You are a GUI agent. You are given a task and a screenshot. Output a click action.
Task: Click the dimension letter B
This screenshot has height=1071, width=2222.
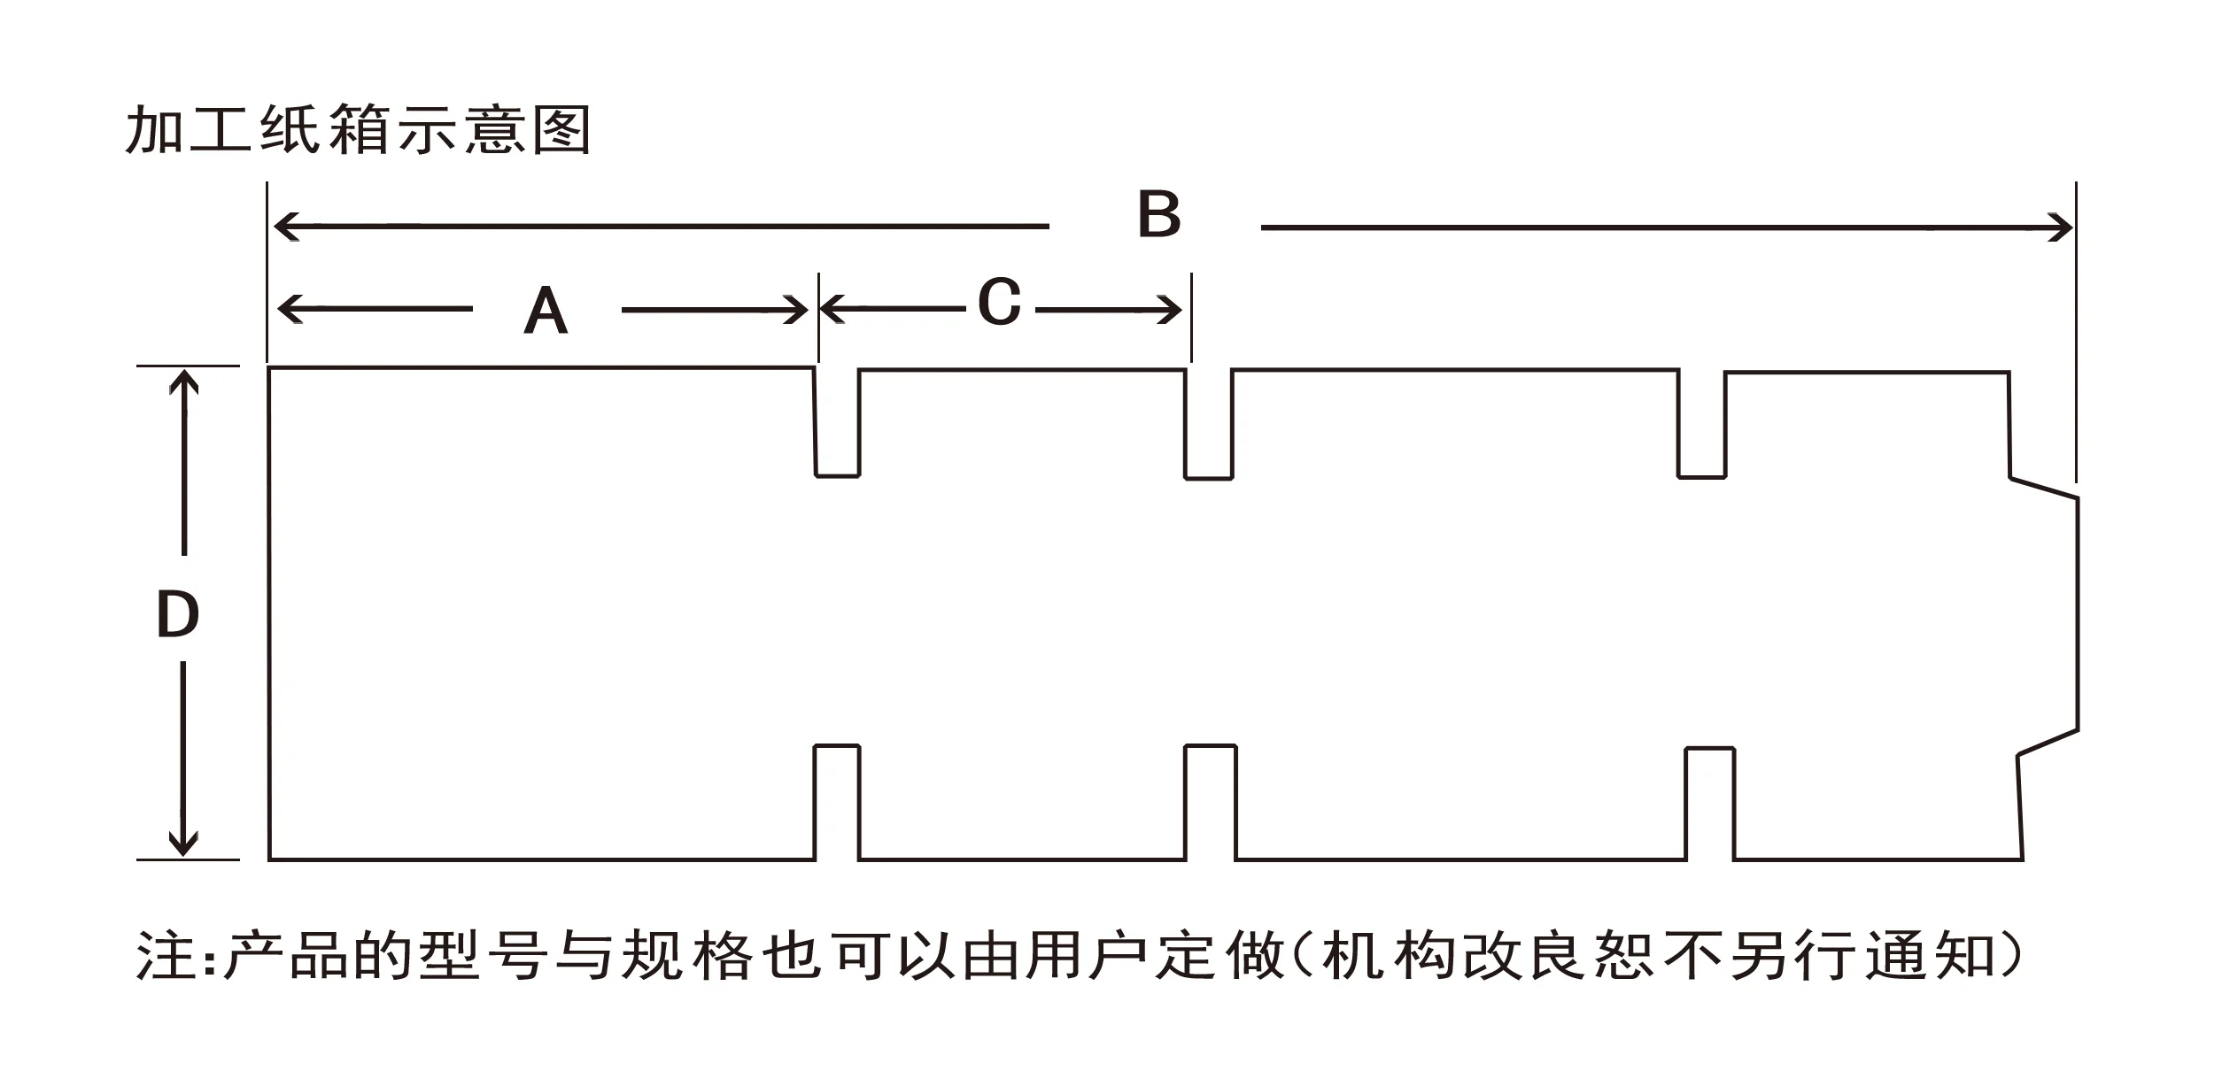coord(1158,215)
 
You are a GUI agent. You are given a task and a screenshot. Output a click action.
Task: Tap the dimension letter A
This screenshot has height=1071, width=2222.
coord(546,312)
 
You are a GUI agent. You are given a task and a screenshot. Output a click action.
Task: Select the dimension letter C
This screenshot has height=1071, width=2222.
coord(999,303)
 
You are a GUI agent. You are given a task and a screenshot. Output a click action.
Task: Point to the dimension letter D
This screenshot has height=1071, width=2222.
coord(177,615)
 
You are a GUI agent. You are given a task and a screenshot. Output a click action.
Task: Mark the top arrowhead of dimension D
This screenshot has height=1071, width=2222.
coord(183,381)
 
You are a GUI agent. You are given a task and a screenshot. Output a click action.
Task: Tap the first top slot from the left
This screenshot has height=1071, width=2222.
coord(837,423)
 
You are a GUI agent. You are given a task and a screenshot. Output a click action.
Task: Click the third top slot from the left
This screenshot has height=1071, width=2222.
coord(1701,425)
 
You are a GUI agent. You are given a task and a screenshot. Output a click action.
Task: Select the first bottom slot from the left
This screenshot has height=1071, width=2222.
coord(837,802)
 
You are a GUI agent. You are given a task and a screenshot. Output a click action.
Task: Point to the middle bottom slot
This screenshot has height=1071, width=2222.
coord(1211,802)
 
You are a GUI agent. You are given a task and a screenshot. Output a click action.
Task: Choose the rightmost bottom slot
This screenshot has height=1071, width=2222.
coord(1710,804)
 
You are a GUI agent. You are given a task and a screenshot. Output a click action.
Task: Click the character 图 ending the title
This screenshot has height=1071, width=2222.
coord(561,131)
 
